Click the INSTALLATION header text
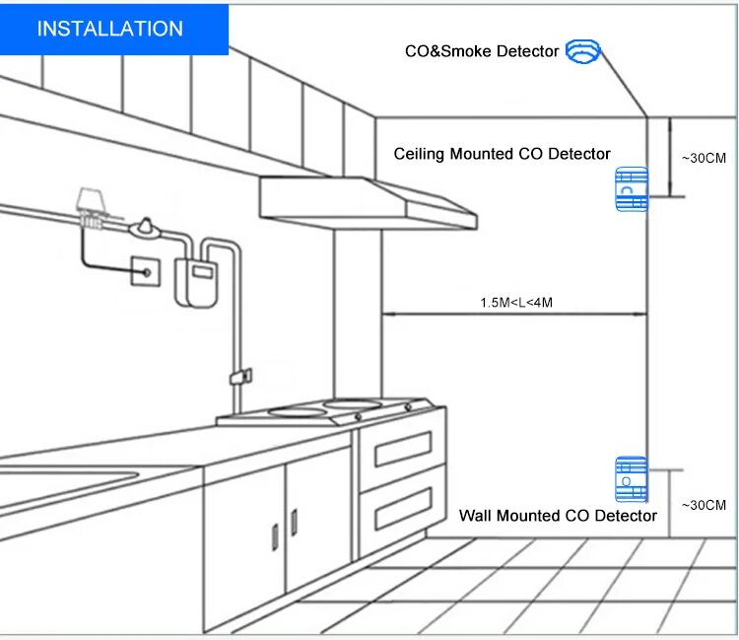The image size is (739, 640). point(109,29)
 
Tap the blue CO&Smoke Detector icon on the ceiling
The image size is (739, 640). point(582,51)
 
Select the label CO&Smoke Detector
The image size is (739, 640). point(482,51)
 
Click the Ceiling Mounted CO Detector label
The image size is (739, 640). point(502,154)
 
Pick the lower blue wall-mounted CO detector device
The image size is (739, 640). point(631,481)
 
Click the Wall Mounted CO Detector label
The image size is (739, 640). point(558,516)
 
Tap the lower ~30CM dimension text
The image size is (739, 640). point(704,505)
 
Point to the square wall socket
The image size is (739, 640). point(146,269)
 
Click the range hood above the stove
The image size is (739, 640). point(368,201)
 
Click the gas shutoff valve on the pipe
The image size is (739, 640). point(147,228)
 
